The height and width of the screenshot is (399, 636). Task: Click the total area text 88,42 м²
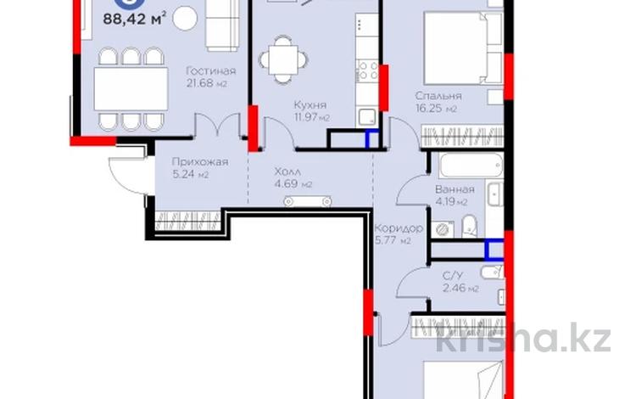(134, 19)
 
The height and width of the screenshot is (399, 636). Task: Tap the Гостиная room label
(210, 71)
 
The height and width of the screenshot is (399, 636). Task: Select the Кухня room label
(310, 105)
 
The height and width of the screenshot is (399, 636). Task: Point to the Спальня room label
(438, 96)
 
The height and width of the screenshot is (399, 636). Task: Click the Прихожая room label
(200, 162)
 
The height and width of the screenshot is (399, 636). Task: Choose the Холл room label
(287, 171)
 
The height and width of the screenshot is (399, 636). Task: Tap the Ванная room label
(455, 189)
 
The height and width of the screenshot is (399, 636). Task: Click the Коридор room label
(399, 228)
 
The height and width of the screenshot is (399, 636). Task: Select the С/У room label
(452, 277)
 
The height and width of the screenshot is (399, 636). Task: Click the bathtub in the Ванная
(471, 166)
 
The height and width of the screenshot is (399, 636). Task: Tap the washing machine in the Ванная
(443, 229)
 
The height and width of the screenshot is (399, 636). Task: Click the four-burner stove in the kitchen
(367, 70)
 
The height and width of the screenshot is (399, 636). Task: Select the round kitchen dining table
(283, 59)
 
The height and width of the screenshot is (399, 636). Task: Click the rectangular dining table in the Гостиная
(131, 89)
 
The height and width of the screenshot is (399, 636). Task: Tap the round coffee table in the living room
(185, 19)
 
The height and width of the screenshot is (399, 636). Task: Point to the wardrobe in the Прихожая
(187, 222)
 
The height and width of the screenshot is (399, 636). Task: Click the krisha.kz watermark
(524, 337)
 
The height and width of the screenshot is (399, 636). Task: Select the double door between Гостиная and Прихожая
(217, 125)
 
